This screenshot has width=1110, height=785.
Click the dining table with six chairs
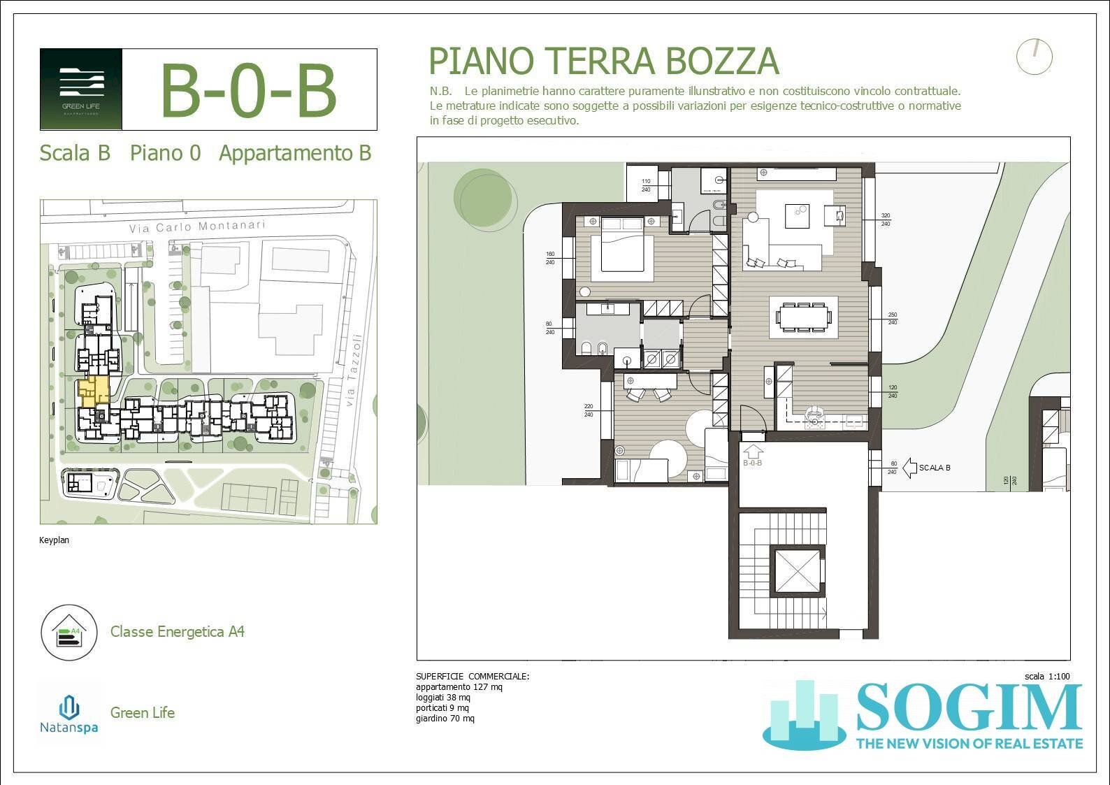point(804,317)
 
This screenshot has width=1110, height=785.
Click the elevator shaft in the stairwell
point(797,572)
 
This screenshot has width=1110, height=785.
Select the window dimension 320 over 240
point(886,219)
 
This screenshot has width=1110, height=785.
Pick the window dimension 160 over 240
point(550,258)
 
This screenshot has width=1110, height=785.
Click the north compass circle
point(1034,57)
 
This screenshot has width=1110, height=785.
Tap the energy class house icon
point(69,633)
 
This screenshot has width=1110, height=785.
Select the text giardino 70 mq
point(445,718)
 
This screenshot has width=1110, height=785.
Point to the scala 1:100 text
point(1046,676)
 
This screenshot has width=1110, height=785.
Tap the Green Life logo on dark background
point(82,89)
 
